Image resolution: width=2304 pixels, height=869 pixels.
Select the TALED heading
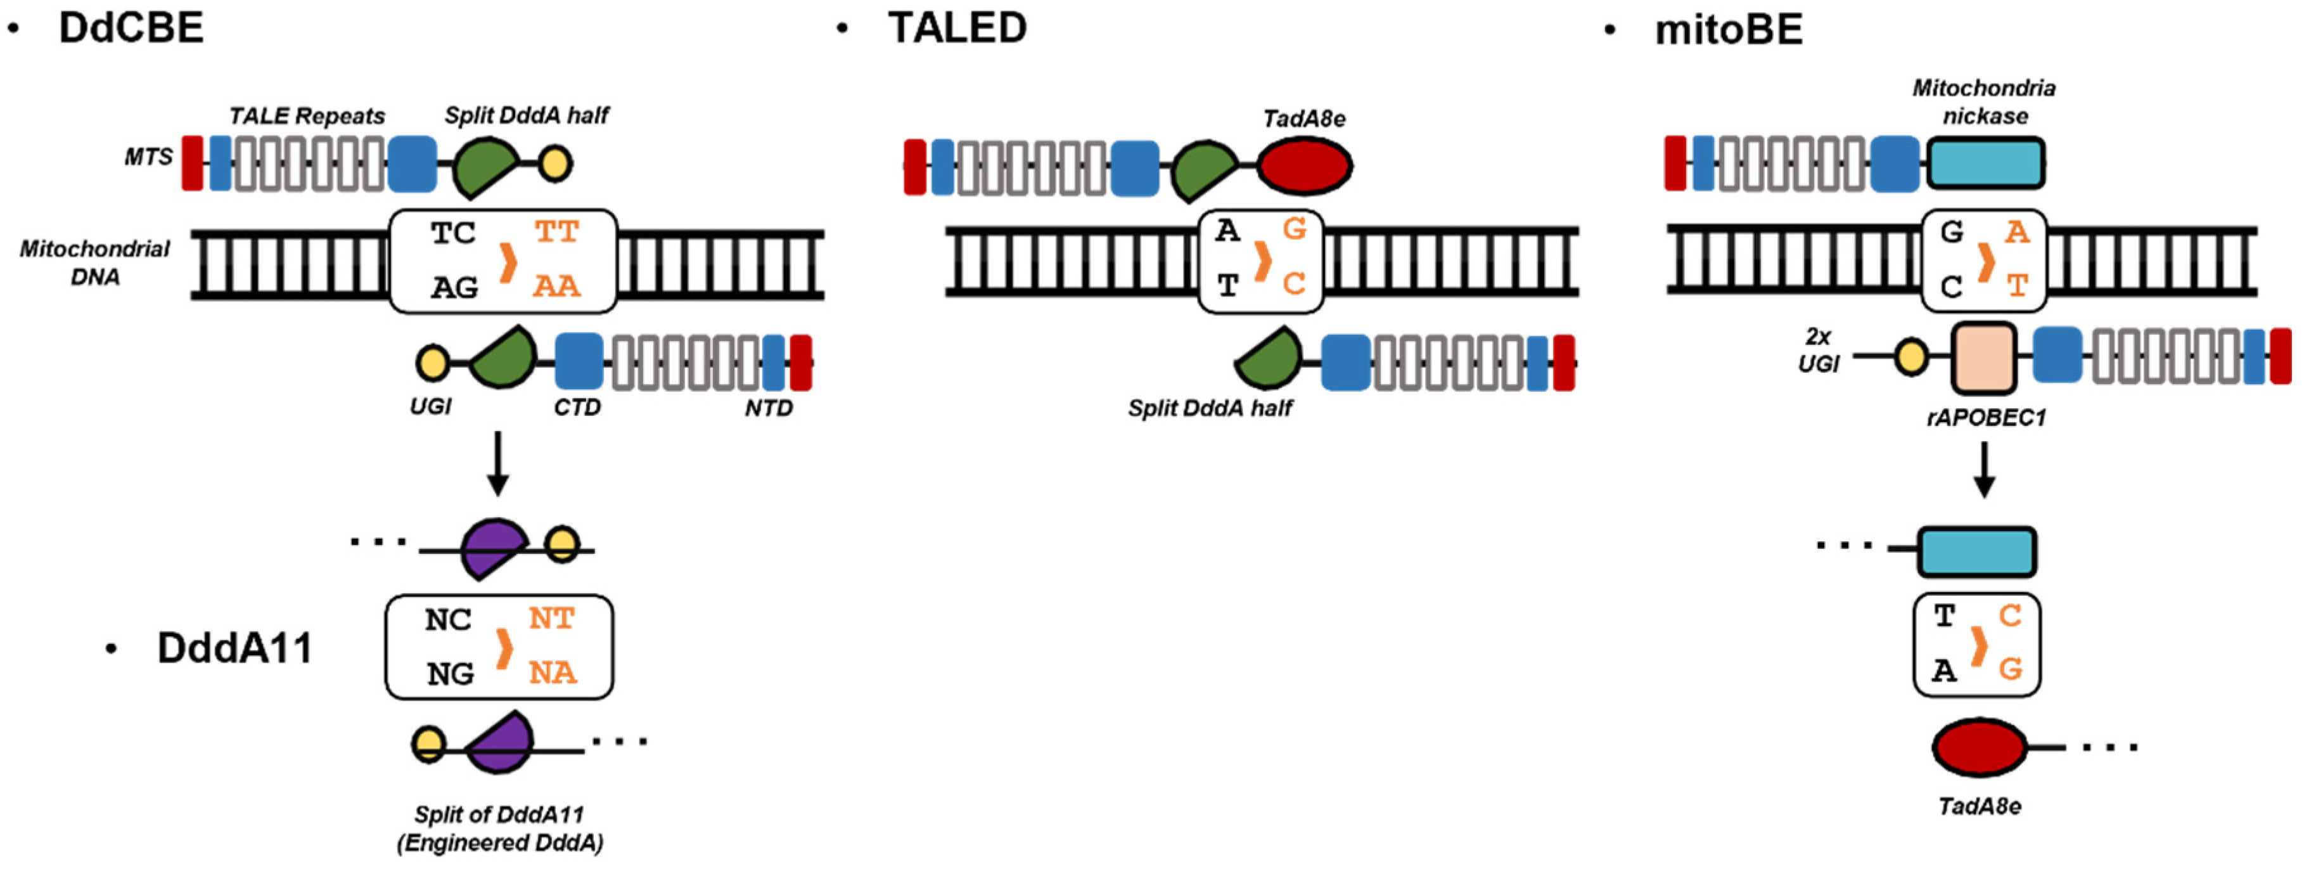(x=956, y=28)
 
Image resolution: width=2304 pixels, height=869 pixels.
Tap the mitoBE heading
(x=1727, y=30)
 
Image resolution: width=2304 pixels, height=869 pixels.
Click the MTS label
(x=148, y=158)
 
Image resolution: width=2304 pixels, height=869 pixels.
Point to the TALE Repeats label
(x=306, y=117)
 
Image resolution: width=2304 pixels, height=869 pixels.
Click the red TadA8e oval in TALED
(x=1304, y=165)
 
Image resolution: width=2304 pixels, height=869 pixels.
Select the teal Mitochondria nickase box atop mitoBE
(x=1985, y=163)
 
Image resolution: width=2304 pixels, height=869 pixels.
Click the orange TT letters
(x=556, y=233)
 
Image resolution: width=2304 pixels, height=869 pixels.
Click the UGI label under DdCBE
(x=430, y=407)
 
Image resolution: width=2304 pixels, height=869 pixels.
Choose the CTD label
(x=577, y=408)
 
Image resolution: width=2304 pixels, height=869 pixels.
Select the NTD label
(x=768, y=409)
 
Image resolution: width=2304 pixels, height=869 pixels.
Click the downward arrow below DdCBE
(x=498, y=463)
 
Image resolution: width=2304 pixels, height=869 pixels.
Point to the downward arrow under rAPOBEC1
(x=1984, y=469)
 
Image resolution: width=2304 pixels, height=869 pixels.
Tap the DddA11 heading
(x=234, y=648)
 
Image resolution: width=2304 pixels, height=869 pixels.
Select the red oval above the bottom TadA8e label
(x=1980, y=747)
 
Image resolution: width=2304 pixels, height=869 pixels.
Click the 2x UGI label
(x=1819, y=350)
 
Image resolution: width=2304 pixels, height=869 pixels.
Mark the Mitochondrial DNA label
(x=95, y=262)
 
